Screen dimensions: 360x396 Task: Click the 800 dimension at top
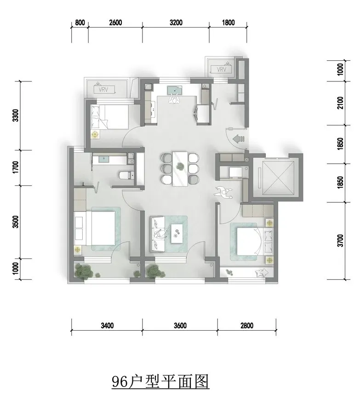click(80, 23)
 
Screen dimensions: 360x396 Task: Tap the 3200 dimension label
click(176, 23)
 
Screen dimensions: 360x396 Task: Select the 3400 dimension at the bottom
click(107, 326)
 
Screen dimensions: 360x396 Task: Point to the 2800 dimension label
click(246, 326)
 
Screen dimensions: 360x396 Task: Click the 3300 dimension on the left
click(16, 115)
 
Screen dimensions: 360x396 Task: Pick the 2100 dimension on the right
click(340, 103)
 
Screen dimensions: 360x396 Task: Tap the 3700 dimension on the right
click(340, 241)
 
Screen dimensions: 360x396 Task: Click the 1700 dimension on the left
click(16, 167)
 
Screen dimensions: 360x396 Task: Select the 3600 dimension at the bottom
click(180, 326)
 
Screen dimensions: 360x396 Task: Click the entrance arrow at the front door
click(238, 138)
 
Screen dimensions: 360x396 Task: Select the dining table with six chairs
click(180, 169)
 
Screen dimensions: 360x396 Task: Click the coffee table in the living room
click(177, 233)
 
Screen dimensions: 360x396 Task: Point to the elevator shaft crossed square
click(278, 178)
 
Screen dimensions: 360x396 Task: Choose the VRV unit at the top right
click(222, 69)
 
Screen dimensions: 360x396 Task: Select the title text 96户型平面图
click(160, 381)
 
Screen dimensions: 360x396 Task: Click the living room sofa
click(158, 234)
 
